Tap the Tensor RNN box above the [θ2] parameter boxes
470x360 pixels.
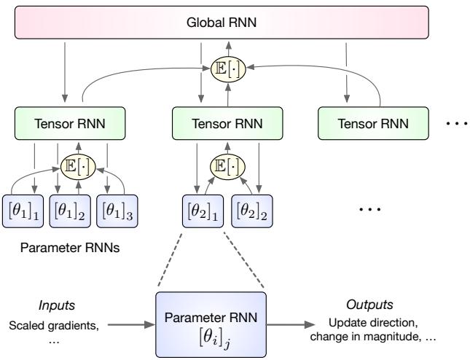pos(216,122)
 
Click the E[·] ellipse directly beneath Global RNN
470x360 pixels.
pos(216,71)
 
